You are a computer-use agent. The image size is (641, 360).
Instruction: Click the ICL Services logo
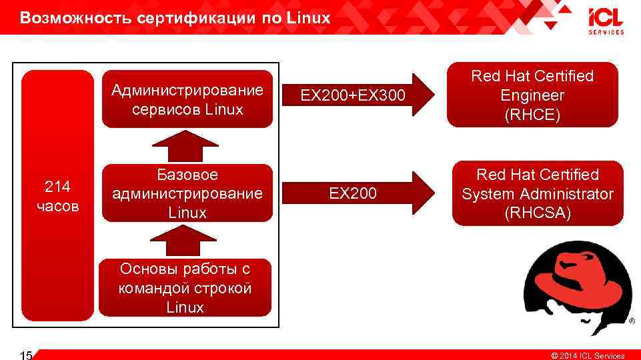point(606,21)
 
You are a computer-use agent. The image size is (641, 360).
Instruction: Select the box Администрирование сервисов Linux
point(187,99)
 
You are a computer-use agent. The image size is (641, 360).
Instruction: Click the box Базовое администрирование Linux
point(187,193)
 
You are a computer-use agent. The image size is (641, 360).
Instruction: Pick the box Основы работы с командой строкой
point(185,288)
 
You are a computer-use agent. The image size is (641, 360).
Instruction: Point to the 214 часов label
point(57,196)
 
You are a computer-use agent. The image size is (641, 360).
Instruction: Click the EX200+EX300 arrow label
point(352,97)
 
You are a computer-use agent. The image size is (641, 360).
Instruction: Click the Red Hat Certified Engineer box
point(532,95)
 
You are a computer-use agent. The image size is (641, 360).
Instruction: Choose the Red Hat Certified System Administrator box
point(537,193)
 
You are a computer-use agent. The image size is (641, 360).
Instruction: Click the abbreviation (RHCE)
point(532,115)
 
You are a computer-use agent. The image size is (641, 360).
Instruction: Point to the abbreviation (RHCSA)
point(538,213)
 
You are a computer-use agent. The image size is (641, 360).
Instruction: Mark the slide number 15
point(27,355)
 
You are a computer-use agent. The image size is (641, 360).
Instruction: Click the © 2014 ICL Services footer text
point(587,355)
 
